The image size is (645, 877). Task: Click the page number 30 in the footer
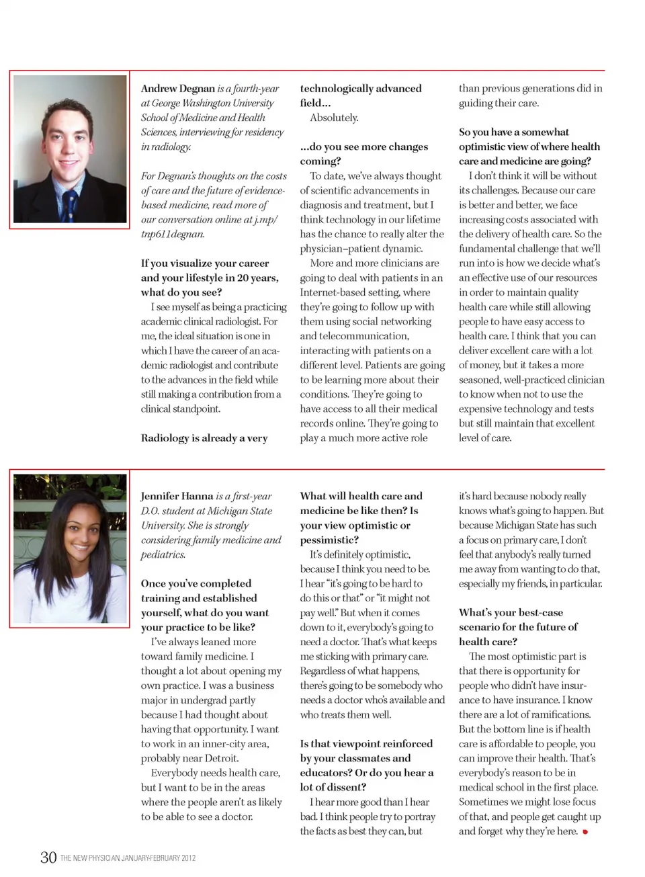point(48,857)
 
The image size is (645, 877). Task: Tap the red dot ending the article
point(585,832)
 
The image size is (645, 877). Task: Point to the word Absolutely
point(334,118)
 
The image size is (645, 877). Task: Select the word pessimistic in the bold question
point(329,540)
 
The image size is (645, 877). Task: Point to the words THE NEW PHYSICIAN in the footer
point(94,858)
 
